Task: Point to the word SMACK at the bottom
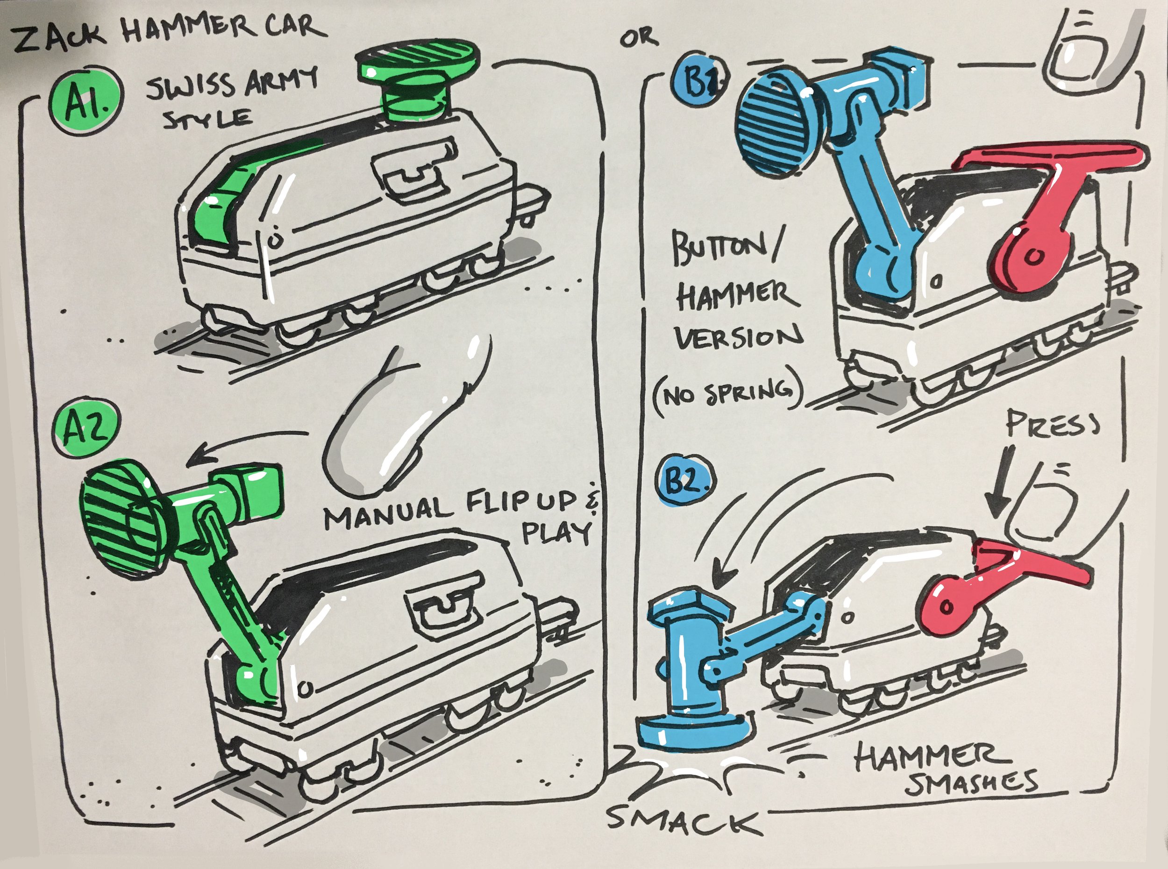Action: click(683, 820)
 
